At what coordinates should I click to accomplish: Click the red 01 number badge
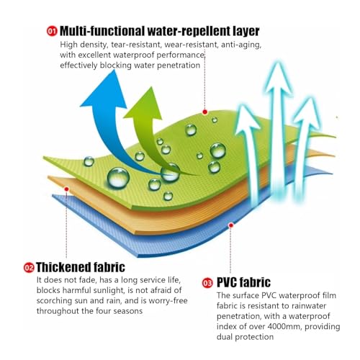coord(52,32)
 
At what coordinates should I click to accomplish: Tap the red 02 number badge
coord(29,268)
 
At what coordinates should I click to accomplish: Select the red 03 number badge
coord(207,283)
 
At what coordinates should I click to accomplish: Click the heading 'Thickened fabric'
coord(81,267)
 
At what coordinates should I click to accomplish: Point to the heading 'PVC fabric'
coord(243,282)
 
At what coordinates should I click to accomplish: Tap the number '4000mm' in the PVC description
coord(285,327)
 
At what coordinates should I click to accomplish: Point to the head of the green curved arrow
coord(145,104)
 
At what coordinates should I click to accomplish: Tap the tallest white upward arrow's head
coord(279,77)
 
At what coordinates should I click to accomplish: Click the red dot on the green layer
coord(204,112)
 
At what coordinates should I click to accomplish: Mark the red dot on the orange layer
coord(67,189)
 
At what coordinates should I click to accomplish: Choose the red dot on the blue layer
coord(231,225)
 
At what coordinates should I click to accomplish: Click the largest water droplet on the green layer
coord(118,178)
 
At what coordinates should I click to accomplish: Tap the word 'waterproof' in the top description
coord(134,55)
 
